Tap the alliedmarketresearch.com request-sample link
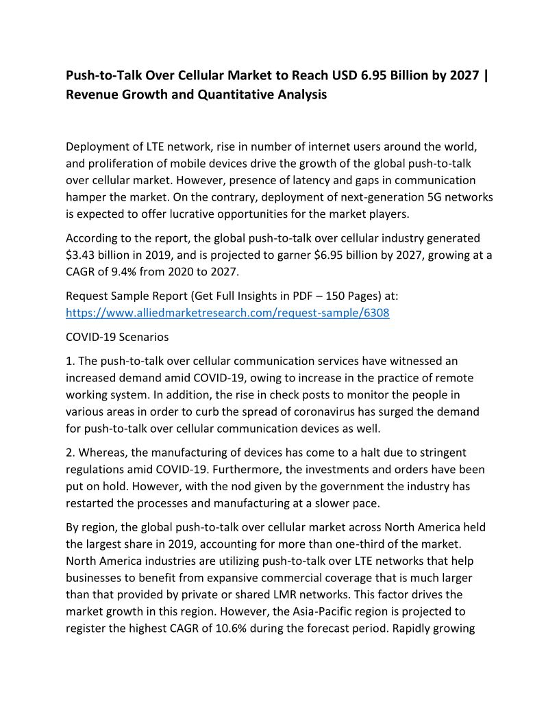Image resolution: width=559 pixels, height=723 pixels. (x=227, y=313)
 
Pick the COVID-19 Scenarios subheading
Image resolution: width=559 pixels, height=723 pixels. (x=117, y=338)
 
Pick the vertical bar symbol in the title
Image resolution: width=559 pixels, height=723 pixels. (x=486, y=75)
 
